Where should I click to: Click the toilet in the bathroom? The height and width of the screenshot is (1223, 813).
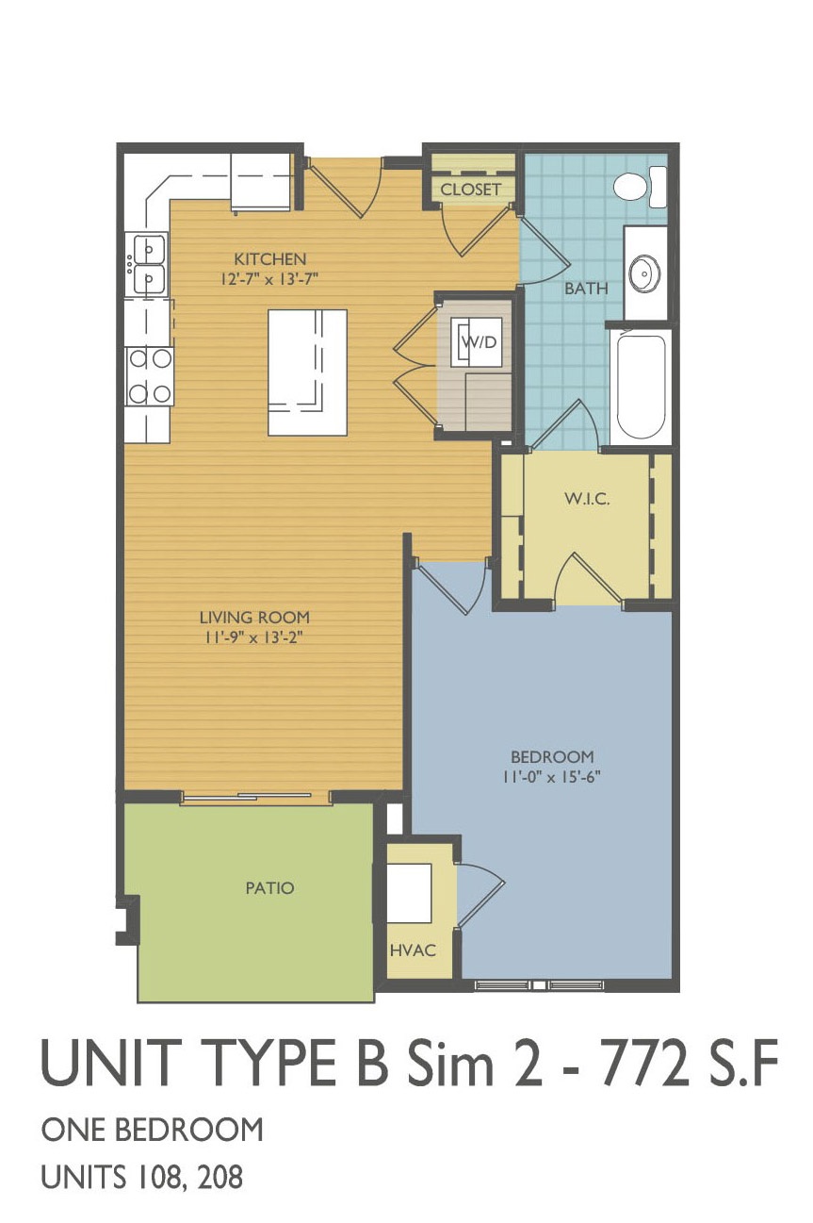tap(640, 187)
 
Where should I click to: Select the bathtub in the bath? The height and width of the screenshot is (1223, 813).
tap(641, 386)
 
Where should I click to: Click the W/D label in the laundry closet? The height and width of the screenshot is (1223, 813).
tap(480, 342)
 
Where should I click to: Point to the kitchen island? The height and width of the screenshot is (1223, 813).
tap(307, 372)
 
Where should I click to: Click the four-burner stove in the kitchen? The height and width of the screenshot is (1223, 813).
tap(150, 376)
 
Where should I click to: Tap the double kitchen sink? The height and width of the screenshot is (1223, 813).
tap(146, 264)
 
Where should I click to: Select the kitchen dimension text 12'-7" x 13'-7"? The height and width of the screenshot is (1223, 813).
tap(269, 279)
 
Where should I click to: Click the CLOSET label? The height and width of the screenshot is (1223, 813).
tap(470, 190)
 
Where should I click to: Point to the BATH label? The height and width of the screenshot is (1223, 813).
tap(586, 289)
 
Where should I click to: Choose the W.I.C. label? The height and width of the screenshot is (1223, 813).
tap(587, 499)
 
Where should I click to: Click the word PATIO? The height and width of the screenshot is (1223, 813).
tap(269, 888)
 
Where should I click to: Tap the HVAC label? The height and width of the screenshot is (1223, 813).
tap(413, 950)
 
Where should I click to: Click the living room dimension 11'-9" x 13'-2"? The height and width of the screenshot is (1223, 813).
tap(254, 637)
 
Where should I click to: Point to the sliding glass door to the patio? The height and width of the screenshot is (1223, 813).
tap(255, 797)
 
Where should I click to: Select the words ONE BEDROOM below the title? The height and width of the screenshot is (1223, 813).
tap(153, 1130)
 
